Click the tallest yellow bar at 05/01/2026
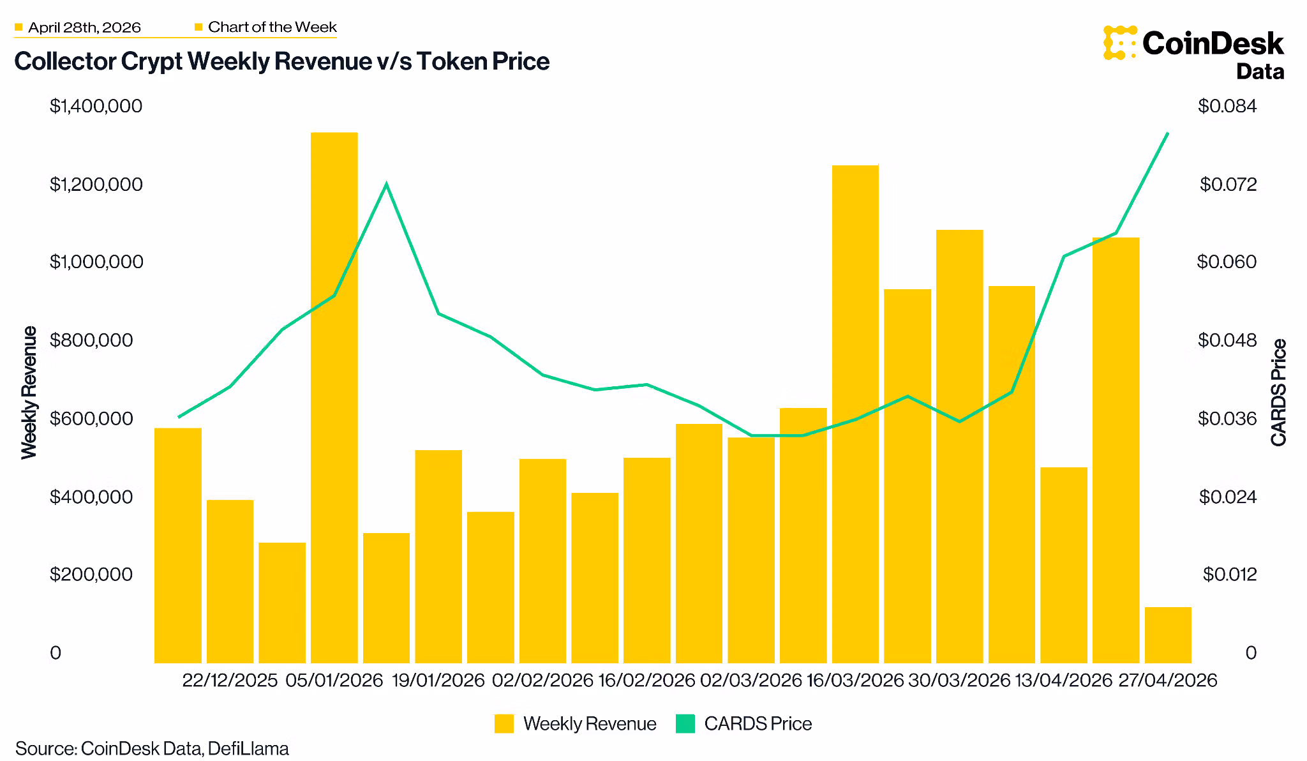334,396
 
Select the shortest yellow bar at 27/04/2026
1167,635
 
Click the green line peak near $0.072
386,185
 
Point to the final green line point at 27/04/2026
1167,133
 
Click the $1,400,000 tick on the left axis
96,106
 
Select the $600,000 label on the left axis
96,419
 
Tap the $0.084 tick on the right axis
1227,106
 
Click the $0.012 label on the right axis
1229,575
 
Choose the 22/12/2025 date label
230,681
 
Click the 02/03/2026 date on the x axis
751,681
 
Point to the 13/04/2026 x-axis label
1063,681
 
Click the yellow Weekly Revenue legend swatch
504,724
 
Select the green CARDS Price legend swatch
685,724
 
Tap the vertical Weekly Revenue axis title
29,392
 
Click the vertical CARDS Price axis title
1278,392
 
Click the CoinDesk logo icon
1119,43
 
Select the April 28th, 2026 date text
84,27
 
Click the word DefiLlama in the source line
248,748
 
